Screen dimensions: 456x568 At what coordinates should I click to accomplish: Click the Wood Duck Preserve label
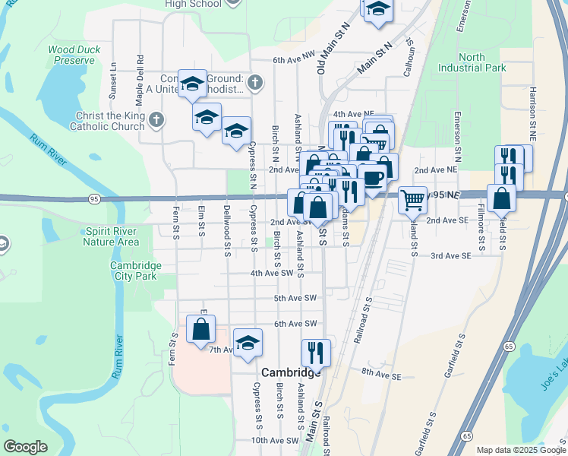(74, 55)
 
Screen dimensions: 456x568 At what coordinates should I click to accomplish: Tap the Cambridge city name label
(291, 373)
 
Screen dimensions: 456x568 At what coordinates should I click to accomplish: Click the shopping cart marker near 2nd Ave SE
(412, 199)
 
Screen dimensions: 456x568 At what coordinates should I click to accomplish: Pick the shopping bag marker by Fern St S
(200, 329)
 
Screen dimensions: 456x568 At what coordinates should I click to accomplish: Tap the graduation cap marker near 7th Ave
(248, 343)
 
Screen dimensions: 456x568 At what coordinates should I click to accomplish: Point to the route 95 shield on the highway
(93, 199)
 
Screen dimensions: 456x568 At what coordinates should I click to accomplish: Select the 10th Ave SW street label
(275, 440)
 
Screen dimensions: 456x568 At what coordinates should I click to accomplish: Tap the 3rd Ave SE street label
(452, 256)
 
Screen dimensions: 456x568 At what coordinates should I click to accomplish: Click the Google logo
(26, 446)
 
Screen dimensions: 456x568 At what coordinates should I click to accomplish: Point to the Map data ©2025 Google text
(520, 450)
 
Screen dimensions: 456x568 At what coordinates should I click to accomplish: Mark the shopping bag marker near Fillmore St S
(502, 199)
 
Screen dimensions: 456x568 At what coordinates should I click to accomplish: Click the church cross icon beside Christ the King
(156, 119)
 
